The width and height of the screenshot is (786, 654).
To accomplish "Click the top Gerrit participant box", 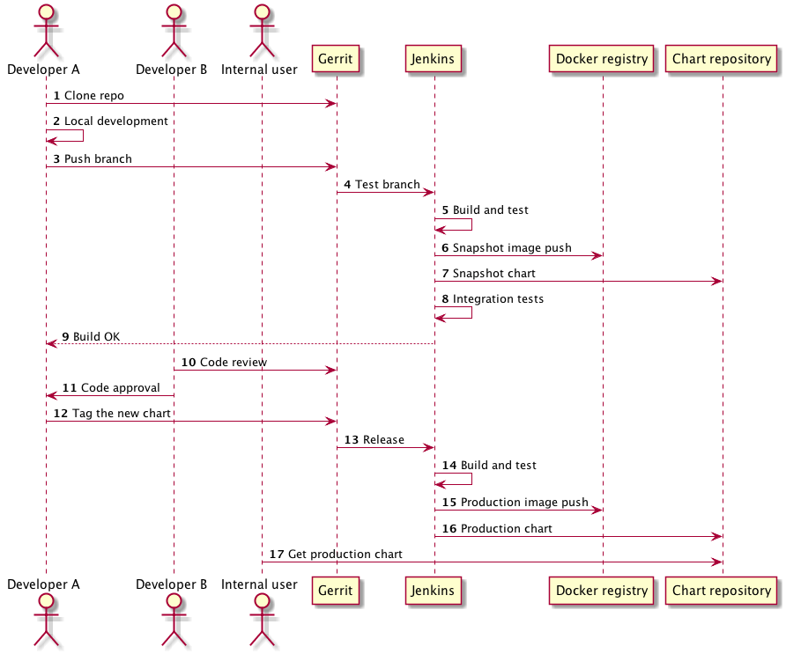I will pos(337,60).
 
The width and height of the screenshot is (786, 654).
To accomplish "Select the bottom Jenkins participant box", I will pos(434,591).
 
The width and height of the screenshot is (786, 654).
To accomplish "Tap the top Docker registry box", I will pos(603,60).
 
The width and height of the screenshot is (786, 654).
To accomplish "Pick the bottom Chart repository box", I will pos(722,591).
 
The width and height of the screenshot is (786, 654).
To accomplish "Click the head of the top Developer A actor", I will pos(46,13).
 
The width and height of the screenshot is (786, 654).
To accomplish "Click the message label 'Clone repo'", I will pos(94,95).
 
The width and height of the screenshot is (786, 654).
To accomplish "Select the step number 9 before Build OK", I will pos(65,336).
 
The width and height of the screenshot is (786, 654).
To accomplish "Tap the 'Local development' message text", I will pos(116,121).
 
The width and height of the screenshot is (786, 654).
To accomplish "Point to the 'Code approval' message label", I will pos(121,387).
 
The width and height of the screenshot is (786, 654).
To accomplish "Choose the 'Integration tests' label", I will pos(498,298).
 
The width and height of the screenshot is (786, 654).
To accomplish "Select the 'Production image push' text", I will pos(524,502).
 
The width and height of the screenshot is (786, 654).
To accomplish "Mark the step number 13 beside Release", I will pos(351,439).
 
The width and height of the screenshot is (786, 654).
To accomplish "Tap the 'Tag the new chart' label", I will pos(111,413).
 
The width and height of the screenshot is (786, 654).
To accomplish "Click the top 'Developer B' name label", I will pos(173,69).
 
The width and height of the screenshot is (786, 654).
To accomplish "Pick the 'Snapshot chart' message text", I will pos(493,273).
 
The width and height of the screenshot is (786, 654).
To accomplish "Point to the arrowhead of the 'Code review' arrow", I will pos(331,370).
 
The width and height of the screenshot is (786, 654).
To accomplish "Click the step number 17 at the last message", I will pos(277,554).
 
